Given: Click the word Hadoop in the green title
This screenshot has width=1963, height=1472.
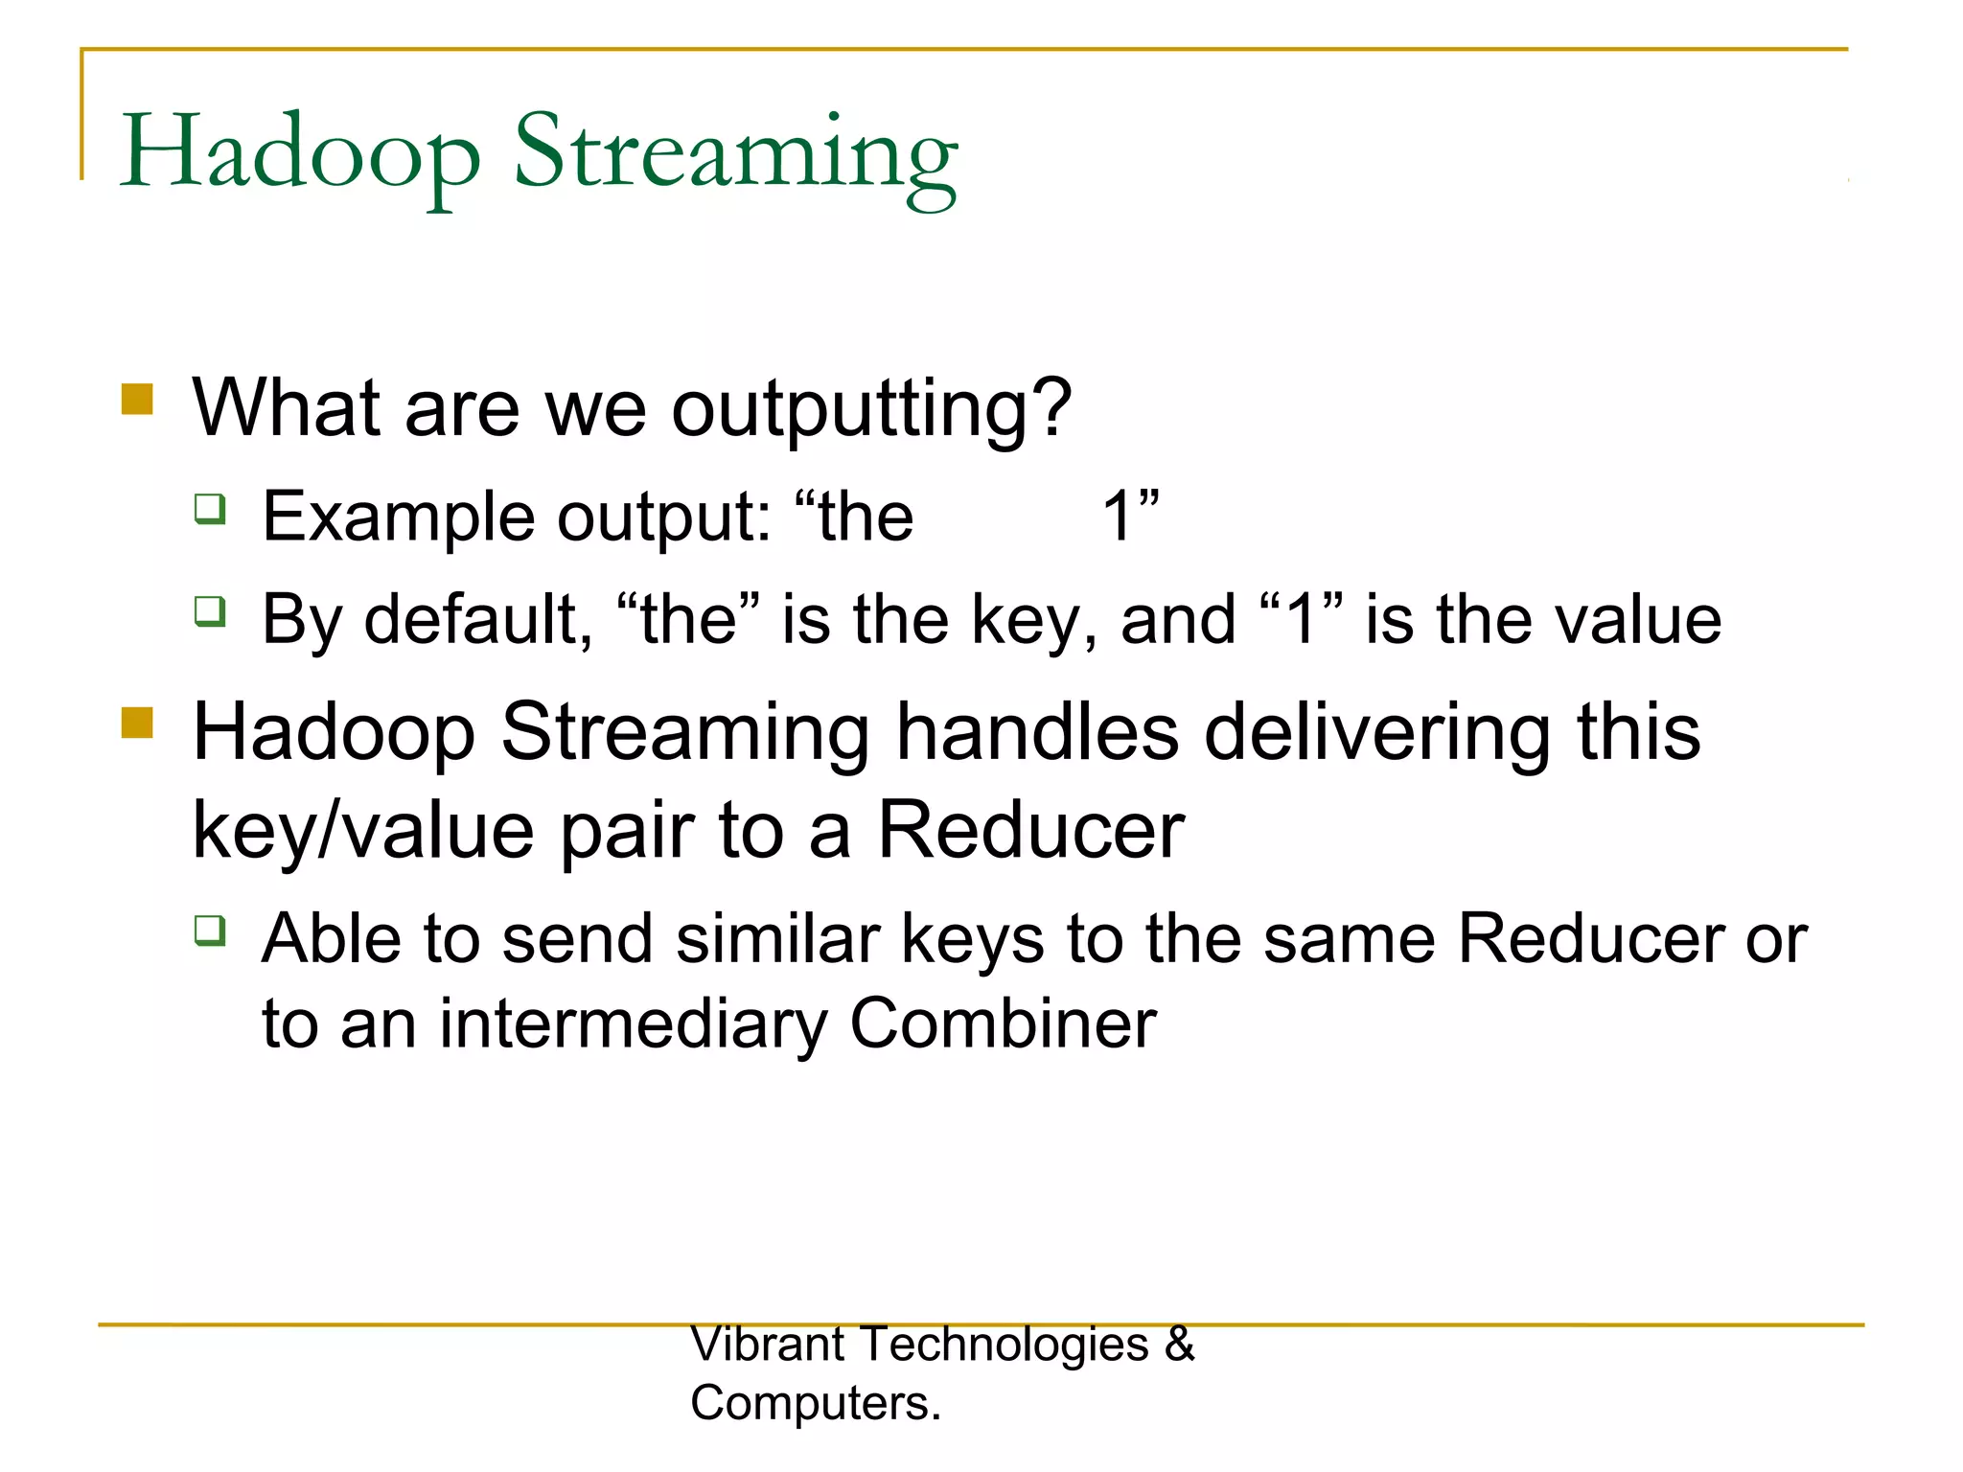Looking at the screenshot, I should [299, 153].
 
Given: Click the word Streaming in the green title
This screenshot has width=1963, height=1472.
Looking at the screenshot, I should [735, 153].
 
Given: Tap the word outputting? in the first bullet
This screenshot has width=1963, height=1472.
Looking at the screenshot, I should [870, 410].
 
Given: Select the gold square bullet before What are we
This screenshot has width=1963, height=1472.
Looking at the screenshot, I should [137, 400].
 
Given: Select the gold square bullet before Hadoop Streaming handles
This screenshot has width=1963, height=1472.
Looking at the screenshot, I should [137, 723].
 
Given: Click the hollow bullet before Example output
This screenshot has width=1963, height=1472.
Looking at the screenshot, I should [210, 508].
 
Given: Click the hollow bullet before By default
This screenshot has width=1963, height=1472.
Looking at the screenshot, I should [210, 610].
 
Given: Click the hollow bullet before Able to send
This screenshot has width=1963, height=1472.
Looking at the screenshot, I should [210, 930].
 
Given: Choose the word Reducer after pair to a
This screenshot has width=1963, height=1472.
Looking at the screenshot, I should [1030, 830].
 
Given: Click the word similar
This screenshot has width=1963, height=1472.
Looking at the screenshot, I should [777, 939].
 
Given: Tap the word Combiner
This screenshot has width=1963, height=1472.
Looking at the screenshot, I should [1003, 1023].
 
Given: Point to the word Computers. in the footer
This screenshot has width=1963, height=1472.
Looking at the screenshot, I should [816, 1404].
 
